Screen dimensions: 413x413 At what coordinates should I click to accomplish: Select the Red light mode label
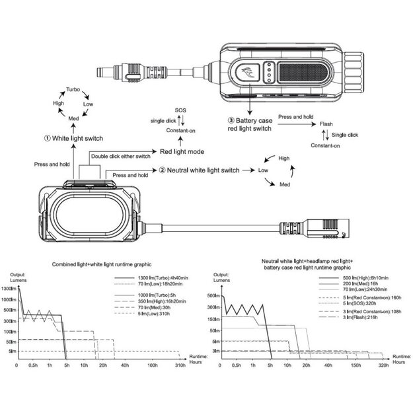181,151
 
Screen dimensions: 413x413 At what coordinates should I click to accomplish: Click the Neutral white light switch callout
198,170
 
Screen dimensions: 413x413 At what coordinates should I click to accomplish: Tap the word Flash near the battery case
326,124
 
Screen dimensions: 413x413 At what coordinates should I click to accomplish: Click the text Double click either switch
122,156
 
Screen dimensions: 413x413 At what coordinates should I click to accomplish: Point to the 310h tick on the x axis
180,365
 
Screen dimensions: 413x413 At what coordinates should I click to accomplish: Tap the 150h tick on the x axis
357,365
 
